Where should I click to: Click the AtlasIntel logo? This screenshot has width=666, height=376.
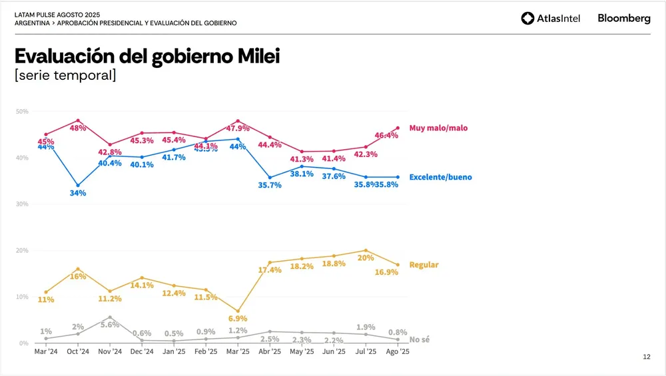pyautogui.click(x=550, y=19)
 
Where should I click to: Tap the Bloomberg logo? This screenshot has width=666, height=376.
pyautogui.click(x=623, y=19)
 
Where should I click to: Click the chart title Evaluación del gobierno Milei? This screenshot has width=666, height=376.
pyautogui.click(x=147, y=56)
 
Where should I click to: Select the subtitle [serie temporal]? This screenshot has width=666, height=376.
pyautogui.click(x=65, y=75)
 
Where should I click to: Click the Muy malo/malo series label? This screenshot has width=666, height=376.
pyautogui.click(x=439, y=128)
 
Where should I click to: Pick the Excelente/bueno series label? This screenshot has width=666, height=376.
pyautogui.click(x=440, y=178)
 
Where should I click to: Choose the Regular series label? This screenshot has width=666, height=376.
pyautogui.click(x=424, y=265)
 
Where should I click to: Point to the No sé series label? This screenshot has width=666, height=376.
pyautogui.click(x=419, y=339)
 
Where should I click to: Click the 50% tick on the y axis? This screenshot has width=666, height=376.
pyautogui.click(x=22, y=111)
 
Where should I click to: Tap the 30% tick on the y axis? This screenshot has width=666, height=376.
pyautogui.click(x=22, y=204)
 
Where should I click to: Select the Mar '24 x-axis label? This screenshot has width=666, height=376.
pyautogui.click(x=46, y=352)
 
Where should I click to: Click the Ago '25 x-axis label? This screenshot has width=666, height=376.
pyautogui.click(x=398, y=352)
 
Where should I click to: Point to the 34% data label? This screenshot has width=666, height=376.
pyautogui.click(x=79, y=193)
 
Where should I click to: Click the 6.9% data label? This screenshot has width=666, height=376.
pyautogui.click(x=238, y=319)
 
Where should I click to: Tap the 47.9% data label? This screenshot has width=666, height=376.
pyautogui.click(x=238, y=128)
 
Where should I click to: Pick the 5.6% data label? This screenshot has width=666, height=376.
pyautogui.click(x=110, y=325)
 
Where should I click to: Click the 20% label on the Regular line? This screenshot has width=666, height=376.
pyautogui.click(x=366, y=258)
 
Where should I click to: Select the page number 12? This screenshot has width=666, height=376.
pyautogui.click(x=646, y=357)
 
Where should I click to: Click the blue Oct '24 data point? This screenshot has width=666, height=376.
pyautogui.click(x=78, y=185)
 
